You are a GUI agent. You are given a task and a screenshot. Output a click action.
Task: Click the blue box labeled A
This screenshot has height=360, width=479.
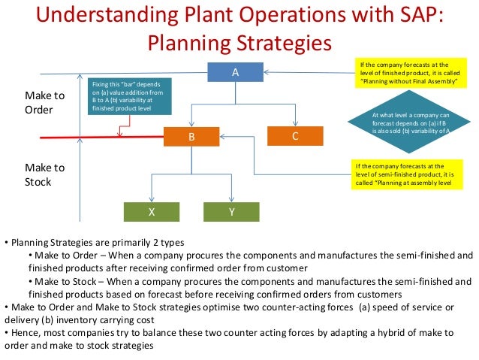(235, 72)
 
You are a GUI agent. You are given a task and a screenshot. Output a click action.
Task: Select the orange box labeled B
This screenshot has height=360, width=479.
(192, 137)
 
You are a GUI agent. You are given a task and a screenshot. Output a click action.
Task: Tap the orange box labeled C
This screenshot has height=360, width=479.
(295, 136)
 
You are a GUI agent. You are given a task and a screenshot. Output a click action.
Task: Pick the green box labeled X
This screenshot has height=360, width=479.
(152, 212)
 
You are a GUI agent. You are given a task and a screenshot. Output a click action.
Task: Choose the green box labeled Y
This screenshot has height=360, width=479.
(232, 212)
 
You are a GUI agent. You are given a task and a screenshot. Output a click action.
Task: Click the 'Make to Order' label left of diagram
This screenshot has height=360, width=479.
(45, 103)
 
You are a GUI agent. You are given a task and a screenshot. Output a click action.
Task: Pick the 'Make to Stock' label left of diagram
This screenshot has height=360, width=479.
(45, 174)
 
